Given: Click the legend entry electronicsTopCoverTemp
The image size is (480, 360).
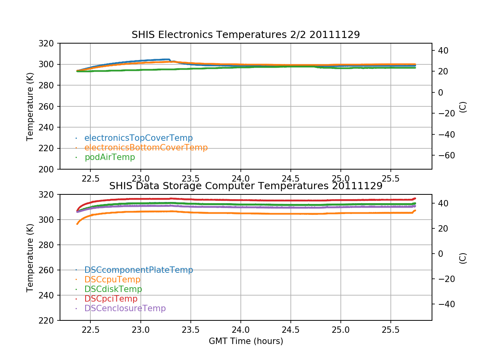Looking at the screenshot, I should (x=138, y=138).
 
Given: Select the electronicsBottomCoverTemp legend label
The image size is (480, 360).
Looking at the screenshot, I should (x=146, y=148).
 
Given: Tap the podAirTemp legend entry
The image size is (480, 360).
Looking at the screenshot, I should (x=110, y=157).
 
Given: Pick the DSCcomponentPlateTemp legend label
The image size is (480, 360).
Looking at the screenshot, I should (x=138, y=270).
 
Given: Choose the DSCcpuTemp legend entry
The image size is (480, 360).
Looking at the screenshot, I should (x=112, y=280).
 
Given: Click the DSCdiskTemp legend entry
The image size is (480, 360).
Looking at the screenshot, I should (x=113, y=289).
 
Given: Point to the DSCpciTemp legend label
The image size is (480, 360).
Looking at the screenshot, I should (x=111, y=299).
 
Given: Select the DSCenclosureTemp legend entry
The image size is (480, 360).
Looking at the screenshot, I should (x=125, y=308).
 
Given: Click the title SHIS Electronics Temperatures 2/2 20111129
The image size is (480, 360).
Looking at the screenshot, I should (x=246, y=35).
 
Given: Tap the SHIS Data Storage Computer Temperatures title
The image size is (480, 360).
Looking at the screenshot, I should (x=246, y=186).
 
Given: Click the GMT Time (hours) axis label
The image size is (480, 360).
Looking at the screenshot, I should (x=246, y=341).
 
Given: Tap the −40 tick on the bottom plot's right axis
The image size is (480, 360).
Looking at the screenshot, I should (x=444, y=304).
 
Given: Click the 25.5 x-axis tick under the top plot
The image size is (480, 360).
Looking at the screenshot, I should (x=390, y=178).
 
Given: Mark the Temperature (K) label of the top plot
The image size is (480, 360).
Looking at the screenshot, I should (x=30, y=106).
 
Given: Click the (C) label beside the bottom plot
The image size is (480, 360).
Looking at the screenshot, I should (x=463, y=258).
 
